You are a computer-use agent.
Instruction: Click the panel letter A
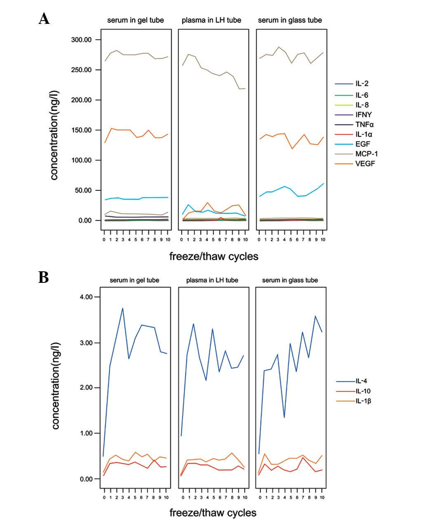(44, 19)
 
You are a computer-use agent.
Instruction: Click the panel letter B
(43, 277)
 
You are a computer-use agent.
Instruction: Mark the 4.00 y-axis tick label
(87, 297)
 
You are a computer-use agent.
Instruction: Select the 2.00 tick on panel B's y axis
(87, 388)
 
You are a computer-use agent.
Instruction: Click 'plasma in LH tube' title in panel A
(212, 20)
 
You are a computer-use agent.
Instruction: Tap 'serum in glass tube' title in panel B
(290, 280)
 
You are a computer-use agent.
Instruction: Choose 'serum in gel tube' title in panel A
(135, 20)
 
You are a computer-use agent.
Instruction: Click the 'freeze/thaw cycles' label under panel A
(214, 257)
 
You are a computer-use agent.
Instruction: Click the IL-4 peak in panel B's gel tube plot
(122, 308)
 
